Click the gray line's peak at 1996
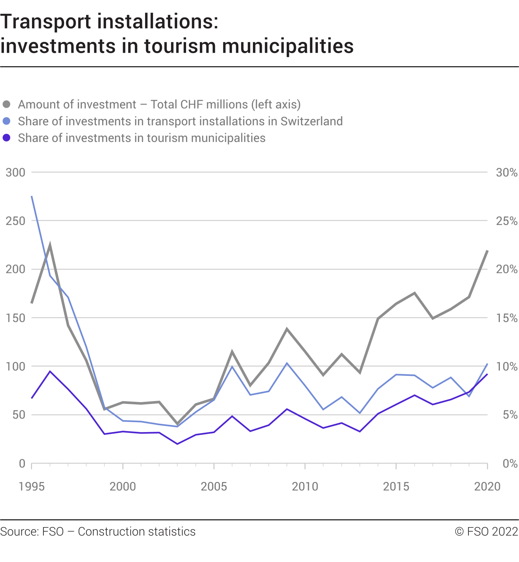[50, 245]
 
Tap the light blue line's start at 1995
[32, 196]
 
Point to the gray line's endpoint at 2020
[487, 251]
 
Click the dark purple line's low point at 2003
[177, 444]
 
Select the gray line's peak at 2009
[287, 329]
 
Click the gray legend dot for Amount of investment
[6, 104]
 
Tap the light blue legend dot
[6, 121]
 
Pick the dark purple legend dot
[6, 138]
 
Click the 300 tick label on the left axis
[16, 173]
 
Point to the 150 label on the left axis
[16, 318]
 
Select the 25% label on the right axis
[507, 221]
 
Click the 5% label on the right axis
[510, 415]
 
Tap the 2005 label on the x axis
[214, 487]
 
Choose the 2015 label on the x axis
[396, 487]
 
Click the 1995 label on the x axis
[32, 487]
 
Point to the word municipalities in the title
[288, 46]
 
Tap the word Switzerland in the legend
[311, 121]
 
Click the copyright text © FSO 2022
[486, 532]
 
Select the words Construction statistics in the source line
[137, 532]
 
